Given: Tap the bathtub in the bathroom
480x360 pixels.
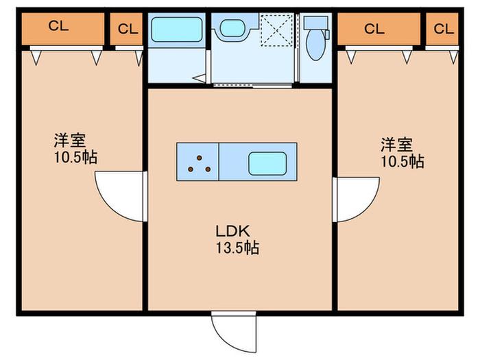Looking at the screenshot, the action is click(x=177, y=29).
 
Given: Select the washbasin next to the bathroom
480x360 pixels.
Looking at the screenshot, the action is click(x=233, y=28).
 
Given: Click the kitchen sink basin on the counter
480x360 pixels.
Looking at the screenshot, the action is click(x=267, y=164).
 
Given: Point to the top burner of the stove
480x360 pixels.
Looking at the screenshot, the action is click(x=200, y=158).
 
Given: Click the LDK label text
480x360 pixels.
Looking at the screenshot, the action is click(x=232, y=231).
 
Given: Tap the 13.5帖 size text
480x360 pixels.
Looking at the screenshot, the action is click(x=237, y=248).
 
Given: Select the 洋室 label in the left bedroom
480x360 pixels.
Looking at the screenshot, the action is click(x=70, y=141).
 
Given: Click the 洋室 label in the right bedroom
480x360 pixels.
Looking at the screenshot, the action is click(x=396, y=145).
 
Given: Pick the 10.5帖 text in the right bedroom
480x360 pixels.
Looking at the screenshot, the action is click(x=403, y=161).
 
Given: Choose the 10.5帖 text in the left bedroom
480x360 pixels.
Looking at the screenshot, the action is click(x=75, y=157).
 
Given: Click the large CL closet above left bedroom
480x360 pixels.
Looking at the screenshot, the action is click(x=63, y=29).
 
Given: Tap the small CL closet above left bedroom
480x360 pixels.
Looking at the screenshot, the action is click(x=126, y=29).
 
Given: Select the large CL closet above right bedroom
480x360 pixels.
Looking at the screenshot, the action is click(x=379, y=29).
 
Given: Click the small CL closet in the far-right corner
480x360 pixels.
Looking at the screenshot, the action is click(x=442, y=29).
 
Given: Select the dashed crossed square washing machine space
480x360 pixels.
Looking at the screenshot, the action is click(x=277, y=30).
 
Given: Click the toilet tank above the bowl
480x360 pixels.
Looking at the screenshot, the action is click(x=315, y=23).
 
